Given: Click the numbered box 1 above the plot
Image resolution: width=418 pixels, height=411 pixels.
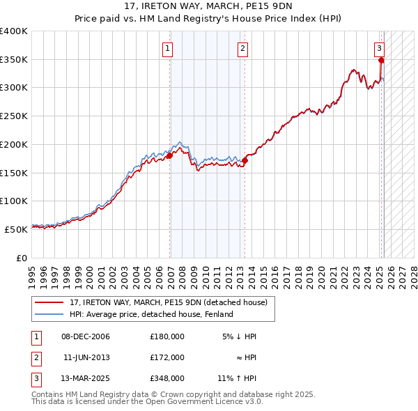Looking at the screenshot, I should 169,49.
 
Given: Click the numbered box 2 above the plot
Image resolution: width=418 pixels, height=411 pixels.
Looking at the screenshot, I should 242,49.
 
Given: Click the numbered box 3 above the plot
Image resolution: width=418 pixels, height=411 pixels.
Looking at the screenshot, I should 379,49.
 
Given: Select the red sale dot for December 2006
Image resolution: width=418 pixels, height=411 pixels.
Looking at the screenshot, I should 169,156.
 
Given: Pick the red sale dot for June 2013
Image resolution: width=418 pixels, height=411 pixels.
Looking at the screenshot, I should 245,160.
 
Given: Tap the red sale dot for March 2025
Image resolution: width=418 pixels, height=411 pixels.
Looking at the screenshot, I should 381,61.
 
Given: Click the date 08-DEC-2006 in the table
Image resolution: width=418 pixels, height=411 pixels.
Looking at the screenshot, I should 86,336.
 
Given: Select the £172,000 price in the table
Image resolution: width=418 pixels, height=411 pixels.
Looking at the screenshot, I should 167,357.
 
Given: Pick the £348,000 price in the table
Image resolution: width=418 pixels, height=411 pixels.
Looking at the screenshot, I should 167,378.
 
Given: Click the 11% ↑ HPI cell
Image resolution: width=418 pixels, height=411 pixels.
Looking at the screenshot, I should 237,378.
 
